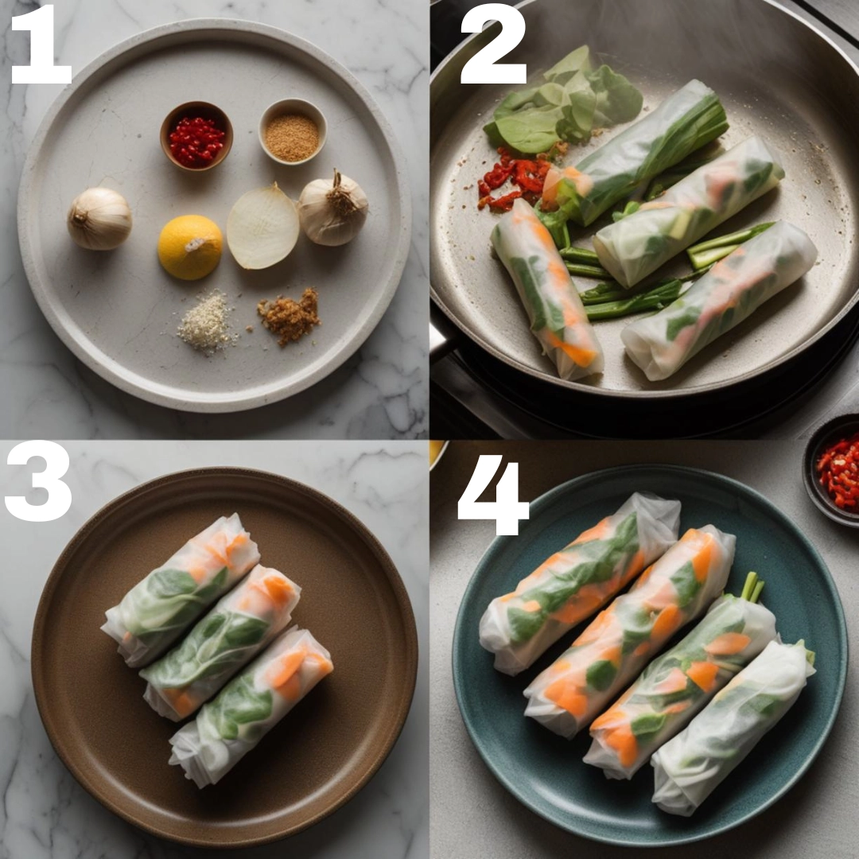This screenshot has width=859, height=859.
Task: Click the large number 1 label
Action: coord(41,45)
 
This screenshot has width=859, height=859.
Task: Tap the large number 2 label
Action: coord(493,45)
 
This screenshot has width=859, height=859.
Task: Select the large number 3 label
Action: coord(38,481)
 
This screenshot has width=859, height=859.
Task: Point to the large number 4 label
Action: coord(493,495)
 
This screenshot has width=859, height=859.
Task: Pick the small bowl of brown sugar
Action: coord(293,131)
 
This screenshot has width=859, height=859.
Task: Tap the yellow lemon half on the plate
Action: coord(190,247)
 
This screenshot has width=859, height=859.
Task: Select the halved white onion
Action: coord(262,227)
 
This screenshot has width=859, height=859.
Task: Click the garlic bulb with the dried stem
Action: coord(333,208)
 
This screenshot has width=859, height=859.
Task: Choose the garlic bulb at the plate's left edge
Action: coord(99,219)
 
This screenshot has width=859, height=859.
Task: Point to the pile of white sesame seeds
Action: coord(205,323)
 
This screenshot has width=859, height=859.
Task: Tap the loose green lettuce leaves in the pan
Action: coord(564,104)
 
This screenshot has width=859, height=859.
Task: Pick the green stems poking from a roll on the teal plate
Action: coord(752,586)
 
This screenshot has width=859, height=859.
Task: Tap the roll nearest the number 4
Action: coord(580,584)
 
